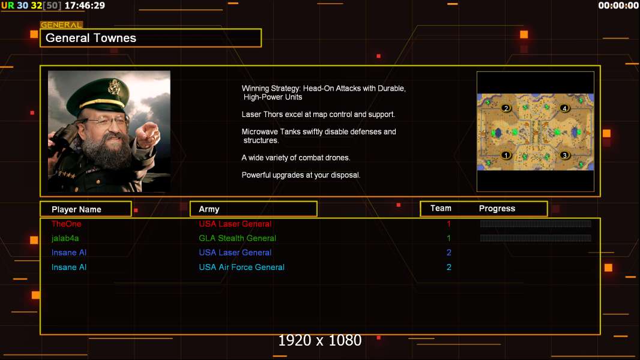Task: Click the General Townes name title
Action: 91,38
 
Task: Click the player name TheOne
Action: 66,224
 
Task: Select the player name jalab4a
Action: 65,238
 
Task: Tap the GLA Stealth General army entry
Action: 237,238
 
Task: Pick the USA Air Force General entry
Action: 241,267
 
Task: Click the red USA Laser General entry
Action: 235,224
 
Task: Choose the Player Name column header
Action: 76,209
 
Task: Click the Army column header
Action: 209,209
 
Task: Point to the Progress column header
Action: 497,208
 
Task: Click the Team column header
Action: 441,208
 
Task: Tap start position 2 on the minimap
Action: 506,108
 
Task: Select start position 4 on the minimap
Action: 564,108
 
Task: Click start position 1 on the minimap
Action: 506,155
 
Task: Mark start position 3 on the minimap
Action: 564,155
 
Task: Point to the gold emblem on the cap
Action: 113,86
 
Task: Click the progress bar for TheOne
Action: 536,223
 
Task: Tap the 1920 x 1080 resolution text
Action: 320,340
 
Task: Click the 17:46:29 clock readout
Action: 85,5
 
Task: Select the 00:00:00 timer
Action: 618,5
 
